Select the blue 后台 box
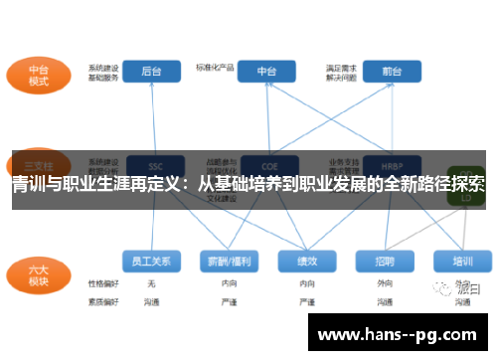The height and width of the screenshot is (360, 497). point(151,72)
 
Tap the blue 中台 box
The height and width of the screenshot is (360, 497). point(266,72)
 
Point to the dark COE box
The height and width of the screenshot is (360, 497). point(266,165)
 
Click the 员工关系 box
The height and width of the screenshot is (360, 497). point(151,261)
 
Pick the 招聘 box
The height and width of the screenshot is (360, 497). point(384,261)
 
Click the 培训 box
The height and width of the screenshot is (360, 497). point(462,261)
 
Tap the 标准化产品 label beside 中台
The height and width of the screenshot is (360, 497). point(214,67)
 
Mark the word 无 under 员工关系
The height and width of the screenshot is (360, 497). point(151,284)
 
